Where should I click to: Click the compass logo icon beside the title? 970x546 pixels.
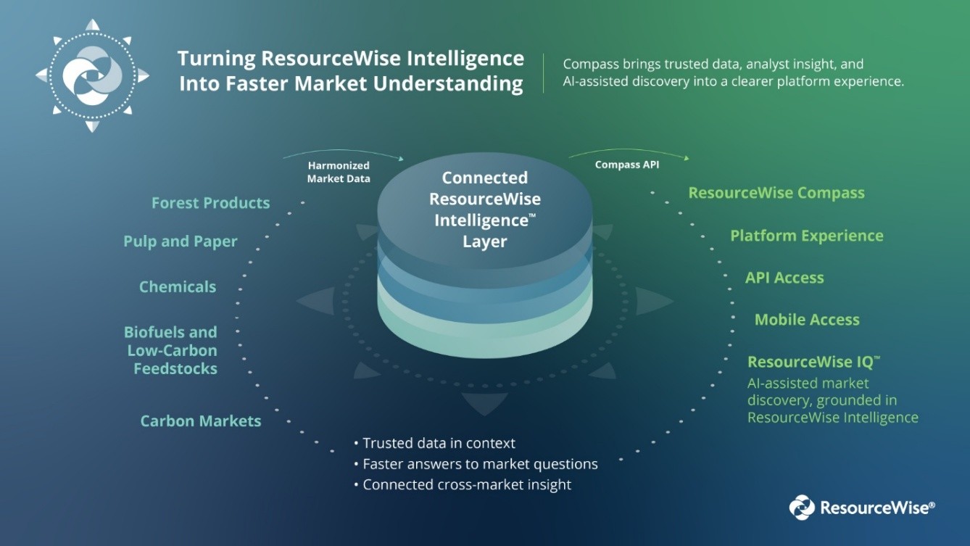[x=92, y=76]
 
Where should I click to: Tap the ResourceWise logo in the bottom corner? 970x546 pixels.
[x=862, y=507]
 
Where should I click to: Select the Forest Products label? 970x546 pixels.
[x=210, y=202]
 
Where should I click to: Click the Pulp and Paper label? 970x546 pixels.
[x=180, y=241]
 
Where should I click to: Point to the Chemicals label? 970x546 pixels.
[x=178, y=286]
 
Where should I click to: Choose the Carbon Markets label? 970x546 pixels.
[x=201, y=421]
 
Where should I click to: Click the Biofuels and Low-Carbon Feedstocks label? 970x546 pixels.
[x=171, y=350]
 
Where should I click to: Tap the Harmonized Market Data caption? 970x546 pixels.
[x=339, y=172]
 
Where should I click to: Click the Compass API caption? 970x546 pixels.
[x=627, y=165]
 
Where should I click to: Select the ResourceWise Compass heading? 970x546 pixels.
[x=776, y=193]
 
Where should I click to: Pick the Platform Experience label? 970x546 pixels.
[x=807, y=236]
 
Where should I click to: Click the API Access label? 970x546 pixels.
[x=784, y=278]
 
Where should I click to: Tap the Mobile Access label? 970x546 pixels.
[x=807, y=320]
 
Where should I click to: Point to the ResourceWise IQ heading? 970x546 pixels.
[x=813, y=362]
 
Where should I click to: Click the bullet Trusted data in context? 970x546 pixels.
[x=435, y=443]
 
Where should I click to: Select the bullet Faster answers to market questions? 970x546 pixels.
[x=476, y=464]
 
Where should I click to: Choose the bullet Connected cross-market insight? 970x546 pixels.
[x=463, y=484]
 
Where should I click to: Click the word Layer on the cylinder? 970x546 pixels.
[x=484, y=241]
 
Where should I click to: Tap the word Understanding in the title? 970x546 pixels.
[x=448, y=83]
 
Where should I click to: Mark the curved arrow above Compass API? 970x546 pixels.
[x=629, y=150]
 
